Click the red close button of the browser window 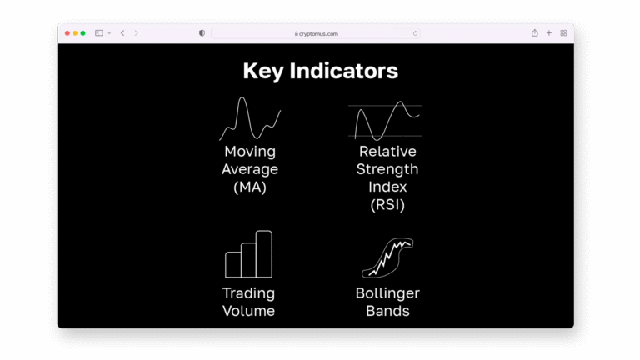click(x=67, y=33)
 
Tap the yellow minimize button click(x=75, y=33)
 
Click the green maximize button click(x=82, y=33)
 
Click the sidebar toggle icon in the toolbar click(x=99, y=33)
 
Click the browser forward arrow click(x=137, y=33)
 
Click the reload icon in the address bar click(x=415, y=33)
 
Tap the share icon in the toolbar click(x=534, y=33)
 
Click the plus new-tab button click(x=549, y=33)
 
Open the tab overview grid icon click(x=563, y=33)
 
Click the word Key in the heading click(x=262, y=72)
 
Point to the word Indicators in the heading click(x=343, y=72)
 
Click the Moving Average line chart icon click(x=250, y=119)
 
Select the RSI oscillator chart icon click(x=384, y=121)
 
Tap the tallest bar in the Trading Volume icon click(x=264, y=254)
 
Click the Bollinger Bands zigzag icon click(x=387, y=258)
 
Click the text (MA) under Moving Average click(x=250, y=187)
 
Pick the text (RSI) click(x=387, y=205)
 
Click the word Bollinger click(x=387, y=293)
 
